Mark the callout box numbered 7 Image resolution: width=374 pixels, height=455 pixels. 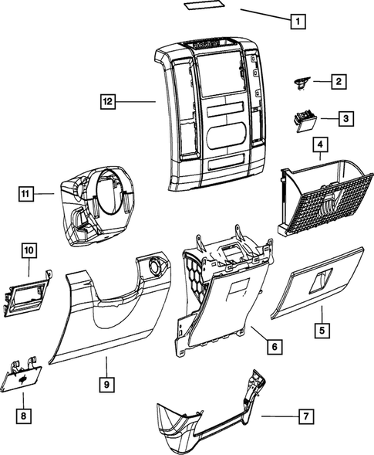(306, 416)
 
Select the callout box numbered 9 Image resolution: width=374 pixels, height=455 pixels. (106, 383)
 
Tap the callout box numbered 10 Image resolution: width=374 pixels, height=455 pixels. (29, 250)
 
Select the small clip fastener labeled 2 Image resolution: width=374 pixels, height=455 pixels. (302, 80)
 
